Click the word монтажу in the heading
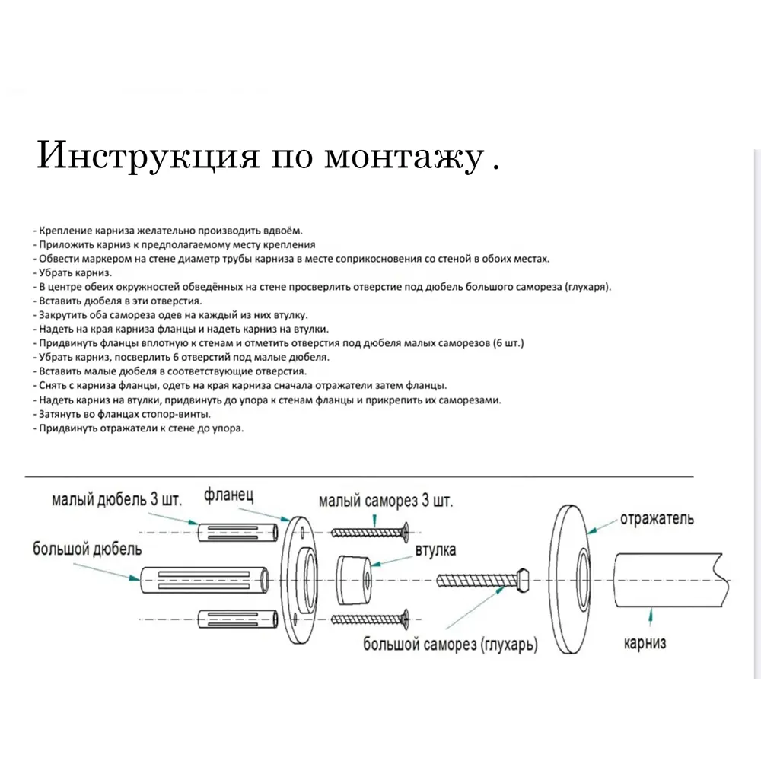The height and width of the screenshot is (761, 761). coord(403,158)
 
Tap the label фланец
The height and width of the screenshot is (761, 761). coord(228,496)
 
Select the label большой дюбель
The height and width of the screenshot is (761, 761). coord(87,549)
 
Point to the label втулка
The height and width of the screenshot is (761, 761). coord(435,551)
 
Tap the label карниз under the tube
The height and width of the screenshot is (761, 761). coord(645,643)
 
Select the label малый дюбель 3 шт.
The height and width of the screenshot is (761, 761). coord(117,500)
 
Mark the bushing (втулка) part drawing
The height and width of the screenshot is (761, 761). coord(352,581)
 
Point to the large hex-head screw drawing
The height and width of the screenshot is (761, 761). coord(484,581)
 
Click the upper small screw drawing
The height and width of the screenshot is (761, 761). coord(371,532)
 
